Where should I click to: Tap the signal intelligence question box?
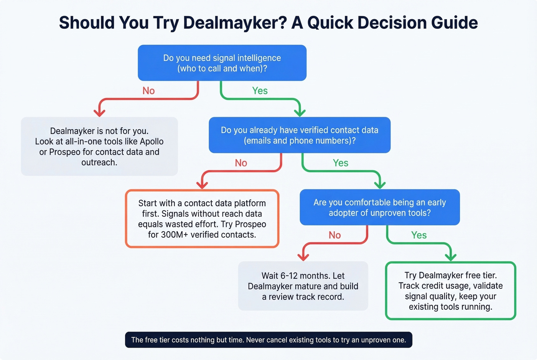click(222, 63)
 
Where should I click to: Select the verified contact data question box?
click(300, 135)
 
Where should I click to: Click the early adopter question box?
click(379, 207)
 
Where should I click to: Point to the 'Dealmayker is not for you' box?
click(99, 146)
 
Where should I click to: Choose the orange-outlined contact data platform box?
click(202, 219)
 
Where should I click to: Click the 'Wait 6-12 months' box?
click(303, 286)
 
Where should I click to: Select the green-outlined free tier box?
click(450, 291)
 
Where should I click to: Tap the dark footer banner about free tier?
click(268, 340)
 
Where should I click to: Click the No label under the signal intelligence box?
click(148, 91)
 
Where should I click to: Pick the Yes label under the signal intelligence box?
click(260, 91)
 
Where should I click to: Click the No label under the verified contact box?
click(241, 163)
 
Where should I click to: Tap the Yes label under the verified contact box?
click(341, 163)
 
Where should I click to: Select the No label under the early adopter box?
click(334, 235)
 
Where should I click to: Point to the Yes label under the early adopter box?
click(419, 235)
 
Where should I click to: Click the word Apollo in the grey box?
click(152, 141)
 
